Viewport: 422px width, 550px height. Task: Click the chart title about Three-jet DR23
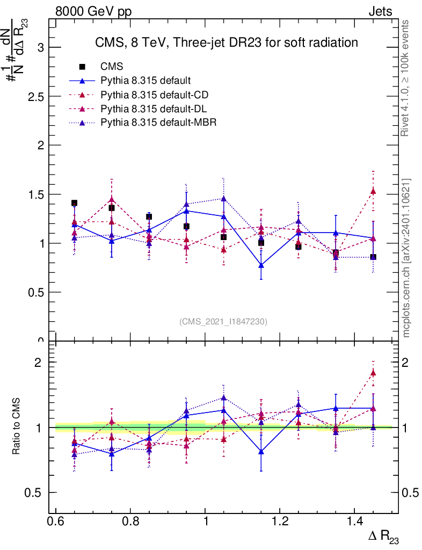pyautogui.click(x=226, y=42)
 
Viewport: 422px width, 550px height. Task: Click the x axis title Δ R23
pyautogui.click(x=384, y=538)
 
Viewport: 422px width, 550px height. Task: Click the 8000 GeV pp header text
pyautogui.click(x=93, y=11)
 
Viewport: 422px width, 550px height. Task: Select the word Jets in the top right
pyautogui.click(x=380, y=11)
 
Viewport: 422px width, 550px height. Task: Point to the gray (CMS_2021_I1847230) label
pyautogui.click(x=223, y=321)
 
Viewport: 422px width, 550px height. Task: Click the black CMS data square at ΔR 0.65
pyautogui.click(x=74, y=203)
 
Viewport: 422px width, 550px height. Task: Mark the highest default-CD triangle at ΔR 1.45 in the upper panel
pyautogui.click(x=373, y=191)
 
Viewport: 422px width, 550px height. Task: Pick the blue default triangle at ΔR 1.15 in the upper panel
pyautogui.click(x=261, y=265)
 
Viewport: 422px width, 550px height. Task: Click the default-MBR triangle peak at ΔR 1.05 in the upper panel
pyautogui.click(x=223, y=199)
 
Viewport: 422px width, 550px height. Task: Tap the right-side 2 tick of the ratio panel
pyautogui.click(x=409, y=362)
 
